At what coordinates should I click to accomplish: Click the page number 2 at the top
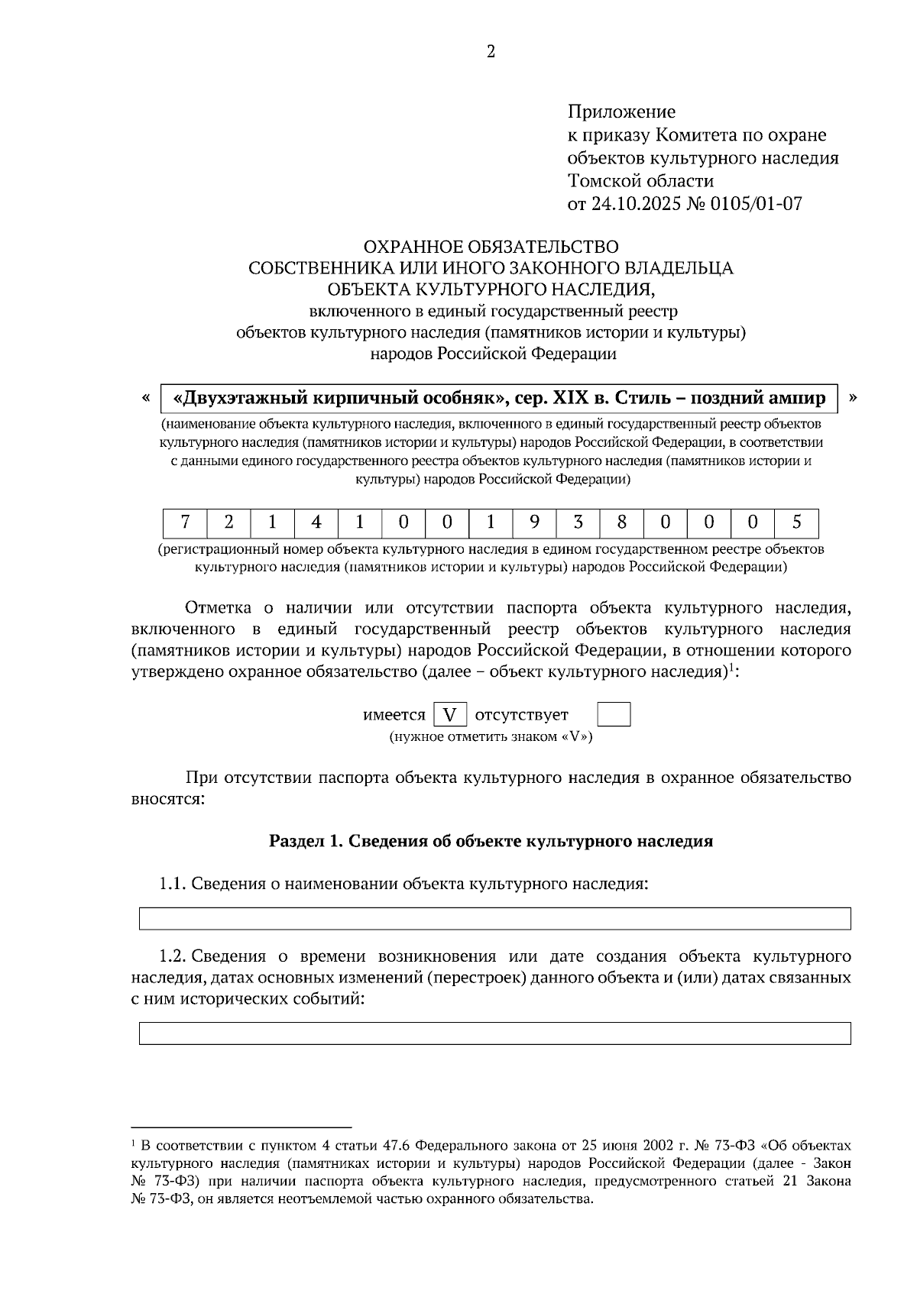pyautogui.click(x=491, y=52)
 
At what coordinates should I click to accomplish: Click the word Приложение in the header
pyautogui.click(x=621, y=112)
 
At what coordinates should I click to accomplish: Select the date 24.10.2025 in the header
pyautogui.click(x=635, y=204)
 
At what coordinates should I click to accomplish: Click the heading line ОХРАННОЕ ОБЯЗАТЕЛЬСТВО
pyautogui.click(x=491, y=247)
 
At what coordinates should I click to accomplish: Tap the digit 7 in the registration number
pyautogui.click(x=185, y=522)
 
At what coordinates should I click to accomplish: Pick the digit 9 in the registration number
pyautogui.click(x=534, y=522)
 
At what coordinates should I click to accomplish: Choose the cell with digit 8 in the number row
pyautogui.click(x=621, y=522)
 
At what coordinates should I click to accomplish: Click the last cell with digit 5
pyautogui.click(x=796, y=522)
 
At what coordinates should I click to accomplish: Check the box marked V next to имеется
pyautogui.click(x=450, y=715)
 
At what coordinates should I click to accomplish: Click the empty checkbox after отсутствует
pyautogui.click(x=613, y=715)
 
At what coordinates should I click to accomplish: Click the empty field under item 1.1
pyautogui.click(x=494, y=918)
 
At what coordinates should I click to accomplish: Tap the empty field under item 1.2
pyautogui.click(x=494, y=1033)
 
